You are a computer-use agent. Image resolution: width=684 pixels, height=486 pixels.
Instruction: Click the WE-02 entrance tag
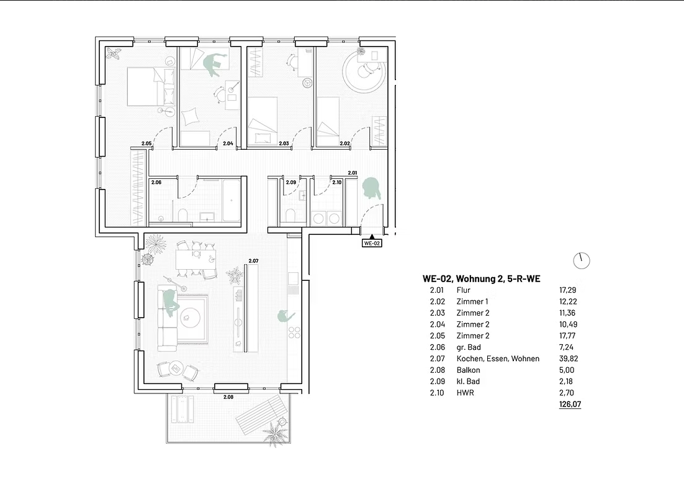pos(372,243)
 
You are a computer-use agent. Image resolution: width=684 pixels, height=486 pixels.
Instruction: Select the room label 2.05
pos(146,143)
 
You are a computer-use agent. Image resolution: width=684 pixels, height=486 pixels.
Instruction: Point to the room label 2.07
pos(253,261)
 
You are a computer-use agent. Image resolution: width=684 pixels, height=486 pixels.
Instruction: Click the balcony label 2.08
pos(228,397)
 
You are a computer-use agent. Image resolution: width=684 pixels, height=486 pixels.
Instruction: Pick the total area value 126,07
pos(570,405)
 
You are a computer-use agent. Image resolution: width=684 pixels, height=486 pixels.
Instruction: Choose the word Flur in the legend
pos(463,290)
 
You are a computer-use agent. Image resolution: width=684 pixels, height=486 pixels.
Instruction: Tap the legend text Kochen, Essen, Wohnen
pos(498,359)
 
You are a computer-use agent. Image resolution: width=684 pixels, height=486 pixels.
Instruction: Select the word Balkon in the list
pos(468,370)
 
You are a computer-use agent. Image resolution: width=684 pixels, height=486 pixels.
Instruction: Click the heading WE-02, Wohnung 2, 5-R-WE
pos(482,278)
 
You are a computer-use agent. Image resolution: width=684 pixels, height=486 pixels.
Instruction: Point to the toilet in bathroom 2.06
pos(183,215)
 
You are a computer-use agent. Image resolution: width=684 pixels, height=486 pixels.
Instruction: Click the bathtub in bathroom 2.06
pos(231,200)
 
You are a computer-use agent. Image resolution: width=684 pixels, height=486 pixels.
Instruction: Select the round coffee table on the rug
pos(189,315)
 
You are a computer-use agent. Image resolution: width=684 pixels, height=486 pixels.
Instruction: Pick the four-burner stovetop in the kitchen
pos(294,332)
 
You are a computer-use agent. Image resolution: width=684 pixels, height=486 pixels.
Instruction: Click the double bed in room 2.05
pos(151,86)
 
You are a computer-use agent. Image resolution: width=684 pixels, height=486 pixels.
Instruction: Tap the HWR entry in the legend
pos(465,393)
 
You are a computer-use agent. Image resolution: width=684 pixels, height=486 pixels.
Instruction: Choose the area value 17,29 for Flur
pos(568,290)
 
